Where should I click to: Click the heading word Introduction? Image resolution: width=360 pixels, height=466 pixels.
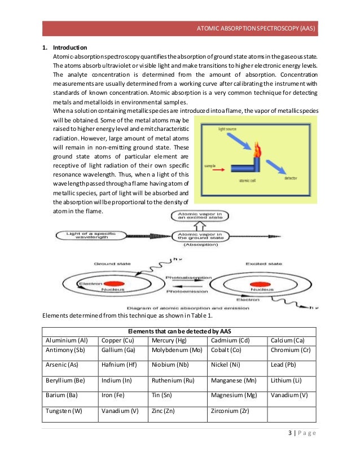(x=70, y=47)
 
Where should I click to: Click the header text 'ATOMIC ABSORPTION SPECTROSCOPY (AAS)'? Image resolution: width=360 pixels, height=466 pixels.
(x=258, y=28)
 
